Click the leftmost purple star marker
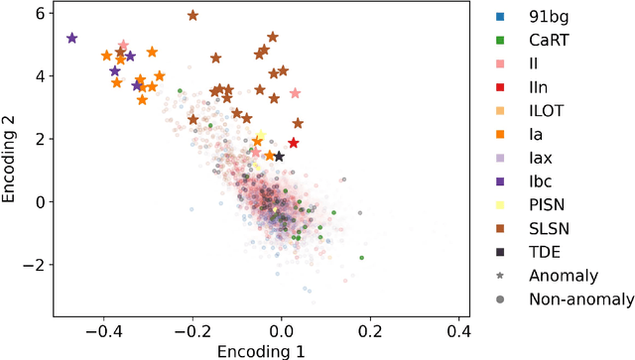[x=71, y=38]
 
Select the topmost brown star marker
[x=192, y=16]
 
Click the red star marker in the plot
[x=293, y=143]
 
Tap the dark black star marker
[x=279, y=157]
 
